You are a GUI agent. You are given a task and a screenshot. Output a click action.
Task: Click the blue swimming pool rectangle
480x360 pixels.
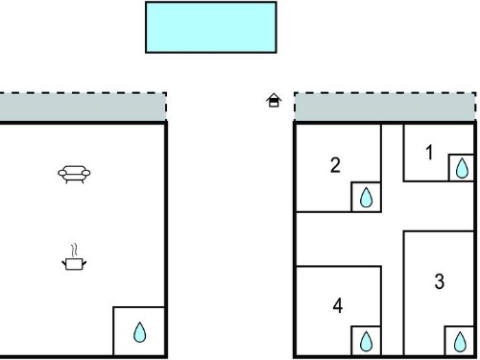pyautogui.click(x=211, y=27)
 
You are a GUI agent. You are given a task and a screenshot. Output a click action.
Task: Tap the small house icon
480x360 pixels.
pyautogui.click(x=274, y=100)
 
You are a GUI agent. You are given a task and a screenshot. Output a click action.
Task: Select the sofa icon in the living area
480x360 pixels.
pyautogui.click(x=74, y=174)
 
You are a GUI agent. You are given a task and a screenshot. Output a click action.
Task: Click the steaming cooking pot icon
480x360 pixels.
pyautogui.click(x=74, y=257)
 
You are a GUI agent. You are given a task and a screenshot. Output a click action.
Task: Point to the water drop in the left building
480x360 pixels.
pyautogui.click(x=139, y=332)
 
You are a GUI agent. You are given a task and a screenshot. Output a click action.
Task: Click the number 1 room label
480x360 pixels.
pyautogui.click(x=429, y=153)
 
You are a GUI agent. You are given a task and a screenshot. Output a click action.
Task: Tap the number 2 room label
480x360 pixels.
pyautogui.click(x=335, y=165)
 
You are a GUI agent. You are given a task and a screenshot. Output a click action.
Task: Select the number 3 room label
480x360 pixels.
pyautogui.click(x=440, y=281)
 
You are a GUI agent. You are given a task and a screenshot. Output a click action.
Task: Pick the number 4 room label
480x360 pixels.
pyautogui.click(x=338, y=305)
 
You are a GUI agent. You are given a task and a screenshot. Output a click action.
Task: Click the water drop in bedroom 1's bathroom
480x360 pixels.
pyautogui.click(x=462, y=168)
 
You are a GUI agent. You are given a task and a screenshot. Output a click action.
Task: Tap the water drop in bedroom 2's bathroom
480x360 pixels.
pyautogui.click(x=366, y=197)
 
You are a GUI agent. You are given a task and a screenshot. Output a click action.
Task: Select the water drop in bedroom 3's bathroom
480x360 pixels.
pyautogui.click(x=460, y=342)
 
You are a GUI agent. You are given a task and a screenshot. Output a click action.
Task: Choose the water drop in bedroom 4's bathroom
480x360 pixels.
pyautogui.click(x=366, y=341)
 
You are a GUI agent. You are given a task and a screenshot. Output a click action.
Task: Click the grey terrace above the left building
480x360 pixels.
pyautogui.click(x=83, y=108)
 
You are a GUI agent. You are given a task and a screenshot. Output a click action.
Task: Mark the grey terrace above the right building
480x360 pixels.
pyautogui.click(x=385, y=108)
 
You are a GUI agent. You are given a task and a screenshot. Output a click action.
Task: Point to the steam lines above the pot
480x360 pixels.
pyautogui.click(x=74, y=251)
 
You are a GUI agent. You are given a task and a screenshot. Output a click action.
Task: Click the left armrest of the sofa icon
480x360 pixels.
pyautogui.click(x=61, y=173)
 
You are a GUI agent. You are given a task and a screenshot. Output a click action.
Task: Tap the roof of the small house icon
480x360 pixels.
pyautogui.click(x=274, y=97)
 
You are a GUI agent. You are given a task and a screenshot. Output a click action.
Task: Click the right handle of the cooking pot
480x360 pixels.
pyautogui.click(x=84, y=263)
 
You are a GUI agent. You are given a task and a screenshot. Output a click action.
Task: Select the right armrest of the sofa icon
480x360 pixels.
pyautogui.click(x=86, y=173)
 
